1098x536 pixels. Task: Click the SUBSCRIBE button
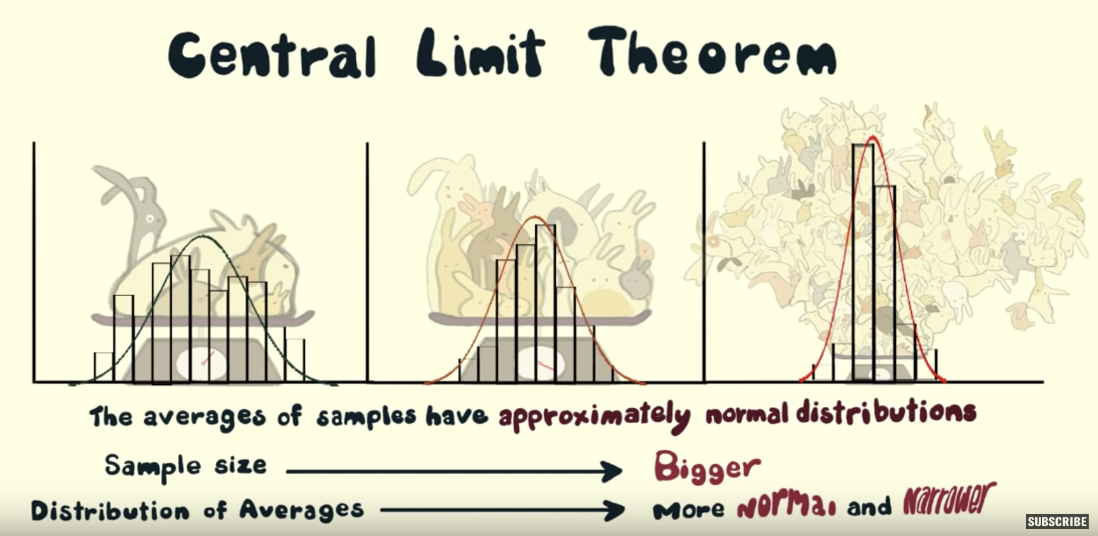(x=1057, y=521)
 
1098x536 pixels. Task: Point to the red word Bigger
(x=707, y=467)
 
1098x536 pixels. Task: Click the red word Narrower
(x=949, y=499)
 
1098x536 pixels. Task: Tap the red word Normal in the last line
(x=787, y=505)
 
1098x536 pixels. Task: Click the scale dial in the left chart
(x=201, y=363)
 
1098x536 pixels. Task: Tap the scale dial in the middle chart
(x=539, y=364)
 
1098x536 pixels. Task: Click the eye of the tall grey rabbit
(x=150, y=219)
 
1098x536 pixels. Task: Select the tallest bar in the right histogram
(x=863, y=262)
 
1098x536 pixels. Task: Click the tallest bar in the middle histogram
(x=546, y=303)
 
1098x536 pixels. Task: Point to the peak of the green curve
(x=202, y=235)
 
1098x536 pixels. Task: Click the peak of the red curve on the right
(x=872, y=137)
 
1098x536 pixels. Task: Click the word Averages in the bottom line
(x=302, y=510)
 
